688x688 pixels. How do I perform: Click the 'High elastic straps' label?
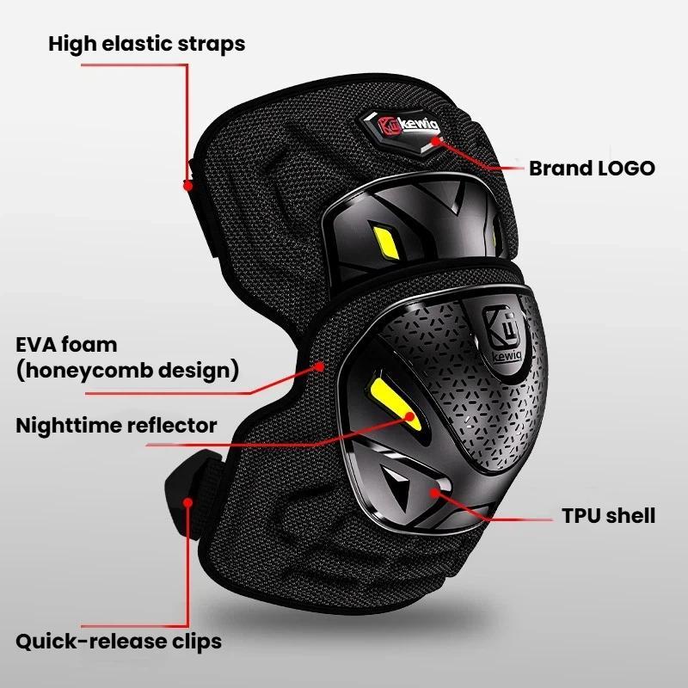(x=146, y=45)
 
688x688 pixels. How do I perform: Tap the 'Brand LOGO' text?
(x=592, y=169)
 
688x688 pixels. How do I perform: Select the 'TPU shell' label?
(x=609, y=515)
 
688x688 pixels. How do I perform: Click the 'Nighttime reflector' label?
(x=116, y=426)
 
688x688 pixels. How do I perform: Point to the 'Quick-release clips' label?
(x=119, y=642)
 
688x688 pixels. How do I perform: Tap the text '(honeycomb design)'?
(x=127, y=371)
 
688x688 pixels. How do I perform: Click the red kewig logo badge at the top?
(x=402, y=131)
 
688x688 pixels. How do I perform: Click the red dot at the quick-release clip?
(x=187, y=502)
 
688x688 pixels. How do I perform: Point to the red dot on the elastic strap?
(x=187, y=186)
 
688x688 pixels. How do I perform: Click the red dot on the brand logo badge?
(x=435, y=141)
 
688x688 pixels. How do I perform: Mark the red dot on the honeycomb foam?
(x=321, y=366)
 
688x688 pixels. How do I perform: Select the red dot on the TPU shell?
(x=434, y=493)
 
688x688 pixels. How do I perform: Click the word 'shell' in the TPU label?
(x=629, y=515)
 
